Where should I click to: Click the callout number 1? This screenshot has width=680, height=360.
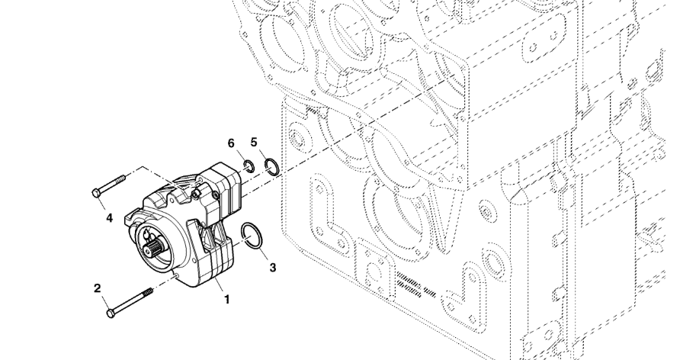(226, 300)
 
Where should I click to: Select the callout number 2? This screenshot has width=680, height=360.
(97, 288)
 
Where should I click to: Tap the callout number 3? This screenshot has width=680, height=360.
(273, 267)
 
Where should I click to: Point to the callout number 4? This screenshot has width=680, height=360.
(109, 217)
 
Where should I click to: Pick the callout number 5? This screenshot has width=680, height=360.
(254, 142)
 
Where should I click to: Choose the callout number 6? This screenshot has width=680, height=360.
(231, 143)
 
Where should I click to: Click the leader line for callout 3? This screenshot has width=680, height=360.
(266, 256)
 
